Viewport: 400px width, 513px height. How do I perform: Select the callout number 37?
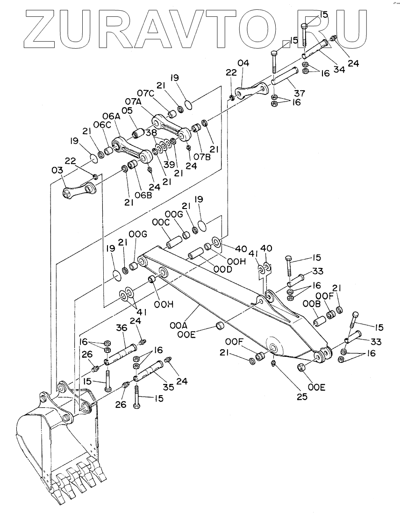[x=299, y=94]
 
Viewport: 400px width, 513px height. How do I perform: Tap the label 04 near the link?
[x=243, y=63]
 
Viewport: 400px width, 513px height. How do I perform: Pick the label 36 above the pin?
[x=121, y=329]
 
